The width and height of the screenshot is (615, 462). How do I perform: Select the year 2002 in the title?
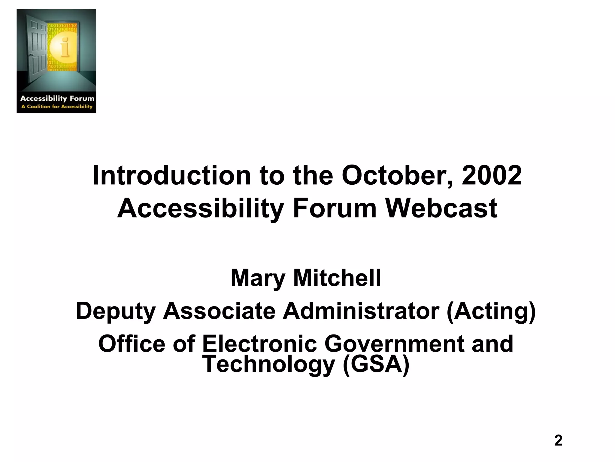[x=492, y=175]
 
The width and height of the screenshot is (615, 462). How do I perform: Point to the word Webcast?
[x=441, y=208]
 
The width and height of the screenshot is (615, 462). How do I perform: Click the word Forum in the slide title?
[x=335, y=208]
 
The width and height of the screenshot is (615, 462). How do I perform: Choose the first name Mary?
[x=258, y=278]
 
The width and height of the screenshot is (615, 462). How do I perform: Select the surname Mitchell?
[x=337, y=278]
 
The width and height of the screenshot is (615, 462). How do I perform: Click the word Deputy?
[x=116, y=311]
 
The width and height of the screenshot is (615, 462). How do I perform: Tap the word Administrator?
[x=361, y=311]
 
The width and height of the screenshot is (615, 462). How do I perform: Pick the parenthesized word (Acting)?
[x=491, y=311]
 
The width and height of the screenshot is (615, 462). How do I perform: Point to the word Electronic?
[x=259, y=344]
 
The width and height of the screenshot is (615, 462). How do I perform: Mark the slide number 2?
[x=558, y=441]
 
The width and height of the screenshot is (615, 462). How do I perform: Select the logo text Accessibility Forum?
[x=57, y=98]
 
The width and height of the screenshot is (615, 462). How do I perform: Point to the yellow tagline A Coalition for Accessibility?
[x=57, y=106]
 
